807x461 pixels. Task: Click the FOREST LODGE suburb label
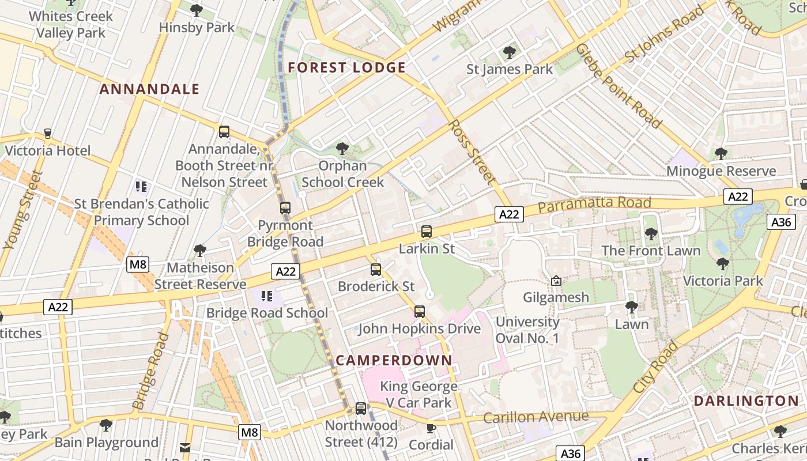[346, 67]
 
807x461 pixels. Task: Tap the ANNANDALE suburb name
[149, 89]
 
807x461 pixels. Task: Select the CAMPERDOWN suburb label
[394, 360]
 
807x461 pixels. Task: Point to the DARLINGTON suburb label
[746, 400]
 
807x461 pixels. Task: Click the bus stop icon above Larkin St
[427, 232]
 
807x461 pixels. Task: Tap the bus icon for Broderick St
[376, 269]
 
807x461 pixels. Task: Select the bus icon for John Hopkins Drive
[420, 312]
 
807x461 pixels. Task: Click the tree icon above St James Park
[509, 52]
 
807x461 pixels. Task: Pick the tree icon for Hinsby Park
[197, 10]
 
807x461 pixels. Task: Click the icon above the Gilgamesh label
[556, 281]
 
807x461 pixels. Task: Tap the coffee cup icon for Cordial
[431, 428]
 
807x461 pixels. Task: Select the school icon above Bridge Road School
[267, 296]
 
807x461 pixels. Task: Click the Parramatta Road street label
[594, 205]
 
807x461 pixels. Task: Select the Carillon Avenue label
[536, 417]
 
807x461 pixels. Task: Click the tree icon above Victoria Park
[722, 264]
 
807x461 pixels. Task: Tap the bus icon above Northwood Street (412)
[361, 409]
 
